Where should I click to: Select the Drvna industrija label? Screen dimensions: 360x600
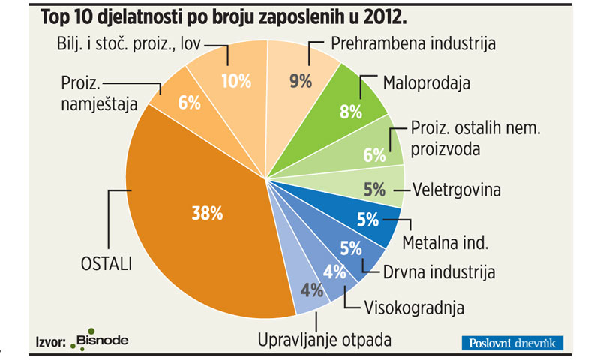[x=438, y=271]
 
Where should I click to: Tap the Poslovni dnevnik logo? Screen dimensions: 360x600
[x=511, y=343]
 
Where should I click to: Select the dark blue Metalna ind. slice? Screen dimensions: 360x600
[x=367, y=222]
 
